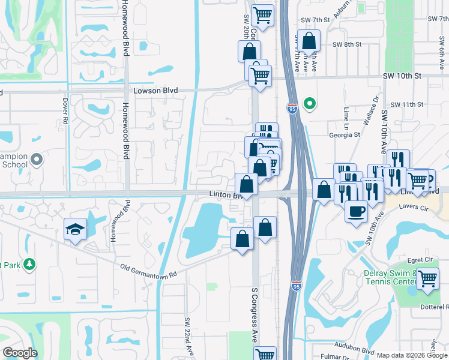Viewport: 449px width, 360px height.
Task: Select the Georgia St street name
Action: point(345,135)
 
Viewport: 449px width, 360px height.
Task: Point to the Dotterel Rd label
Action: point(431,306)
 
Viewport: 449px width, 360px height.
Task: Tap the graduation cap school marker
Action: point(76,229)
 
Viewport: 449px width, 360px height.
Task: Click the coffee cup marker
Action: point(356,211)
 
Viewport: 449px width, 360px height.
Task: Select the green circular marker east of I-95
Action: point(310,104)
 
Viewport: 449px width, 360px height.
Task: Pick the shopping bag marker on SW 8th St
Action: point(309,40)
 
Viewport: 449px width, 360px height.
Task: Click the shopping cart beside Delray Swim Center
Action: point(427,278)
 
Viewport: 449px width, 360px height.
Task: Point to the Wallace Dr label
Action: point(370,110)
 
